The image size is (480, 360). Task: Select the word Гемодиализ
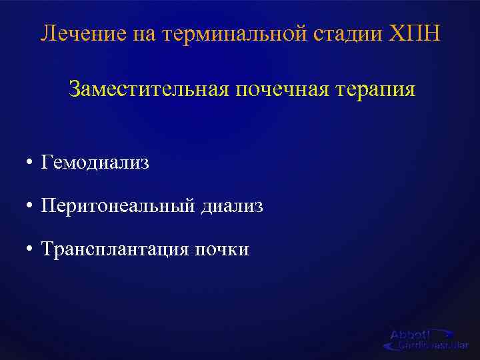(95, 163)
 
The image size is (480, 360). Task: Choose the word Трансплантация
(115, 249)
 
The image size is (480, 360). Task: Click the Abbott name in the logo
(410, 335)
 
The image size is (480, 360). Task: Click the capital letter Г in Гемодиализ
(45, 163)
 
